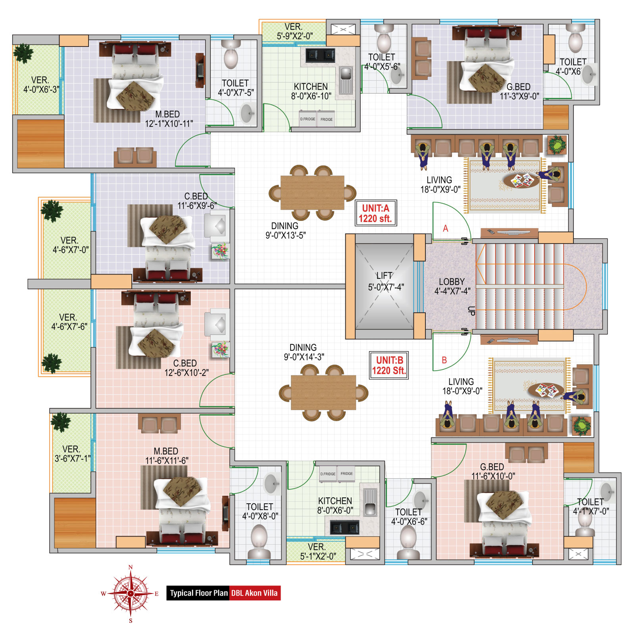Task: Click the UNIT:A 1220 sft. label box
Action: click(x=375, y=213)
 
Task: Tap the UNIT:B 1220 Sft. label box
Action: click(x=389, y=365)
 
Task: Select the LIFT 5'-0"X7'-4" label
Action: click(x=385, y=281)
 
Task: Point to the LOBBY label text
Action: click(x=452, y=282)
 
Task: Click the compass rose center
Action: click(x=131, y=593)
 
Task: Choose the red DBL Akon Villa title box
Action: click(x=255, y=593)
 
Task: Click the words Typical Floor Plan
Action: click(x=199, y=593)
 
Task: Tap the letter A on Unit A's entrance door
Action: click(x=446, y=228)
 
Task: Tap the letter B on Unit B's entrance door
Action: click(x=444, y=360)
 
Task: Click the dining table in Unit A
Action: click(x=312, y=193)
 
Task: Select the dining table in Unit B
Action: click(x=323, y=392)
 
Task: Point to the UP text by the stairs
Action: click(x=471, y=311)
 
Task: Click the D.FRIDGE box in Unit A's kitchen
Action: click(x=308, y=119)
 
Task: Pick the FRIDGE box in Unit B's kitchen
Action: click(x=346, y=474)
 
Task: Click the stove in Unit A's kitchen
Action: click(x=320, y=55)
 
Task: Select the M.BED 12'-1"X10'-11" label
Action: click(x=169, y=119)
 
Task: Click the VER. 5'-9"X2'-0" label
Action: click(x=294, y=31)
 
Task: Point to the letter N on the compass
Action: click(x=131, y=567)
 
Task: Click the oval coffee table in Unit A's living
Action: click(x=521, y=181)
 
